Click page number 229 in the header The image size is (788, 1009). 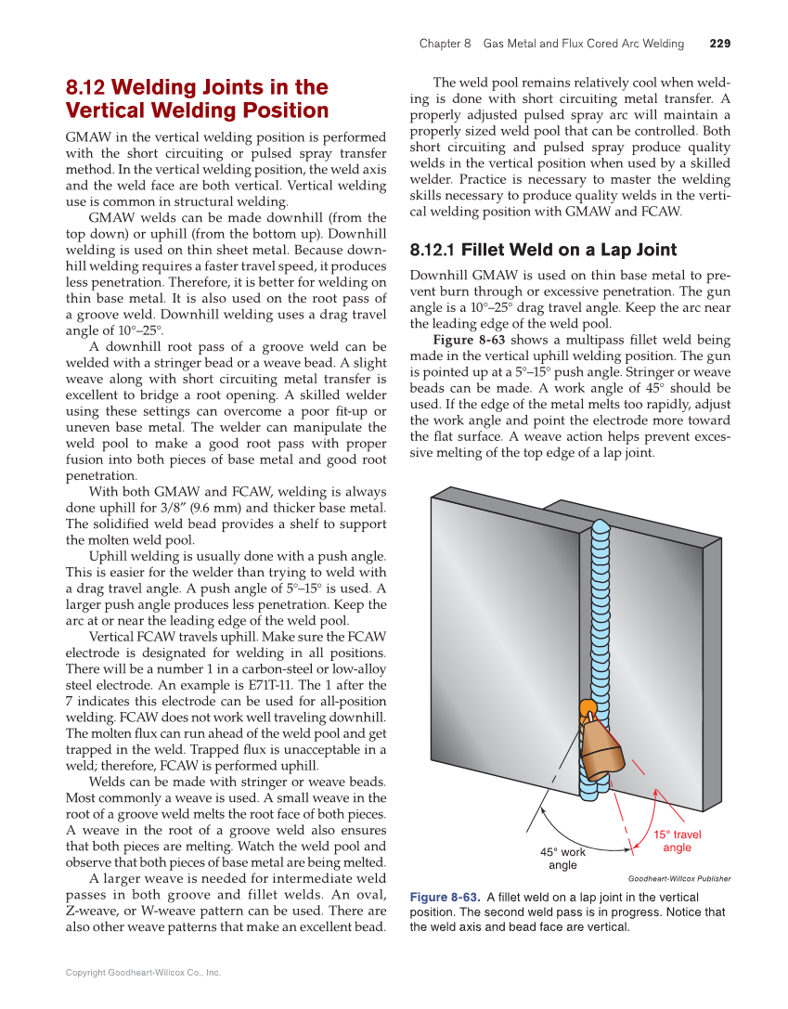point(719,44)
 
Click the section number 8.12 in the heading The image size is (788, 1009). point(86,88)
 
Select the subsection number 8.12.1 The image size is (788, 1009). point(432,250)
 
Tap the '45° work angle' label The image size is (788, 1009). point(562,859)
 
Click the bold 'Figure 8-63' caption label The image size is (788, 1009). point(445,898)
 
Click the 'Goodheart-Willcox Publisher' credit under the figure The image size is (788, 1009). point(678,878)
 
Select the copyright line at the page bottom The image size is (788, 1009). point(143,973)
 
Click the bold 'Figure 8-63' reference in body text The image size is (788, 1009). point(469,340)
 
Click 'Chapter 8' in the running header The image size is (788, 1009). point(445,44)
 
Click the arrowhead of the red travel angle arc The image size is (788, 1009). point(655,792)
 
